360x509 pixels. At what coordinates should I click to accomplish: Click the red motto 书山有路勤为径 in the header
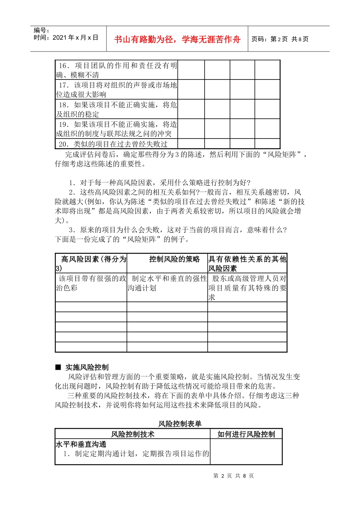coord(177,39)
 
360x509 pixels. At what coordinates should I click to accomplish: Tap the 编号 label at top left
coord(41,30)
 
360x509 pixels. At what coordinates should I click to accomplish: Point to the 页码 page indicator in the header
coord(280,39)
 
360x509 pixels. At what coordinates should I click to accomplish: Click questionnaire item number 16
coord(116,70)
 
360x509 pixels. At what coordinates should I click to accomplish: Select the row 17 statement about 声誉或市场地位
coord(116,90)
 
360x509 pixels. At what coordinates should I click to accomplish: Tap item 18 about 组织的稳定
coord(116,109)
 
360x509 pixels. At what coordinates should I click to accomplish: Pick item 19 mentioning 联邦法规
coord(116,129)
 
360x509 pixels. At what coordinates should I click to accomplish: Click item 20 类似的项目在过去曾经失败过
coord(113,144)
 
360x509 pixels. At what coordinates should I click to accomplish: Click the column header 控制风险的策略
coord(174,259)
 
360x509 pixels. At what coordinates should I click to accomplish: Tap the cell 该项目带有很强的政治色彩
coord(91,283)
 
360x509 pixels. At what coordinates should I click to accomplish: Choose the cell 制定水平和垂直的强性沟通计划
coord(167,283)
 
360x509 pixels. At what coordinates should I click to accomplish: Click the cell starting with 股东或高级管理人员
coord(247,288)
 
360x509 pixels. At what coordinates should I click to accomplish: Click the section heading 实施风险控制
coord(87,367)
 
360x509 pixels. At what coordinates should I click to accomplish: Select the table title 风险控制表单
coord(180,424)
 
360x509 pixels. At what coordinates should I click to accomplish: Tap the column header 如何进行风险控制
coord(246,434)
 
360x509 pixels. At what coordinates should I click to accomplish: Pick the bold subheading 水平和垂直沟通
coord(81,444)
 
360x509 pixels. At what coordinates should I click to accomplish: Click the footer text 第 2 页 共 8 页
coord(233,476)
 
